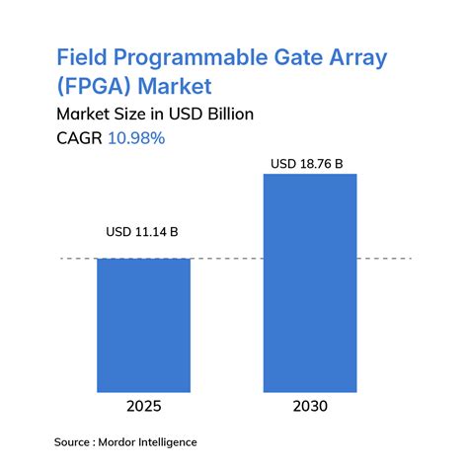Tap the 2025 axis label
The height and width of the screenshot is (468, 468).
pos(143,407)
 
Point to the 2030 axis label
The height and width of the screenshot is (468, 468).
pos(310,407)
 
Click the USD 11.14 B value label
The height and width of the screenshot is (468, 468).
pos(143,233)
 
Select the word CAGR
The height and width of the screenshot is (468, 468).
pos(79,138)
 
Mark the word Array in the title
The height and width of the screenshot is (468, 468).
pos(357,57)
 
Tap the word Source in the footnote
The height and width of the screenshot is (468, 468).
pos(75,441)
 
